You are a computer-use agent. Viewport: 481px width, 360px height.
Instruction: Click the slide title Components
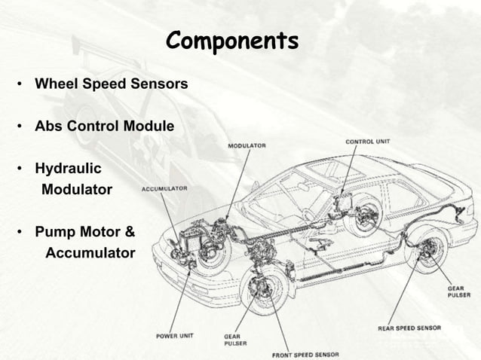coord(232,39)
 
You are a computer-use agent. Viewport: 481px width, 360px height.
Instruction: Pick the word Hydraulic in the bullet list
coord(68,168)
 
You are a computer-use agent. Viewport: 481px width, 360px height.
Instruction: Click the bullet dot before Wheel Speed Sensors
coord(20,84)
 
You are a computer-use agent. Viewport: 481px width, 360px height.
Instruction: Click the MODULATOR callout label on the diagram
coord(247,145)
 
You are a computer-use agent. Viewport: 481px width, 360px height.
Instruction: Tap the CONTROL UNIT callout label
coord(367,142)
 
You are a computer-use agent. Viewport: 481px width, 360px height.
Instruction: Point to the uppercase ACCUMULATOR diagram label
coord(164,188)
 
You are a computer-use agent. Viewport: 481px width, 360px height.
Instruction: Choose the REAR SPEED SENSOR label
coord(409,328)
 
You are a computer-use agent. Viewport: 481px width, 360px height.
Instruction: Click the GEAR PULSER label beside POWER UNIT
coord(234,340)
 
